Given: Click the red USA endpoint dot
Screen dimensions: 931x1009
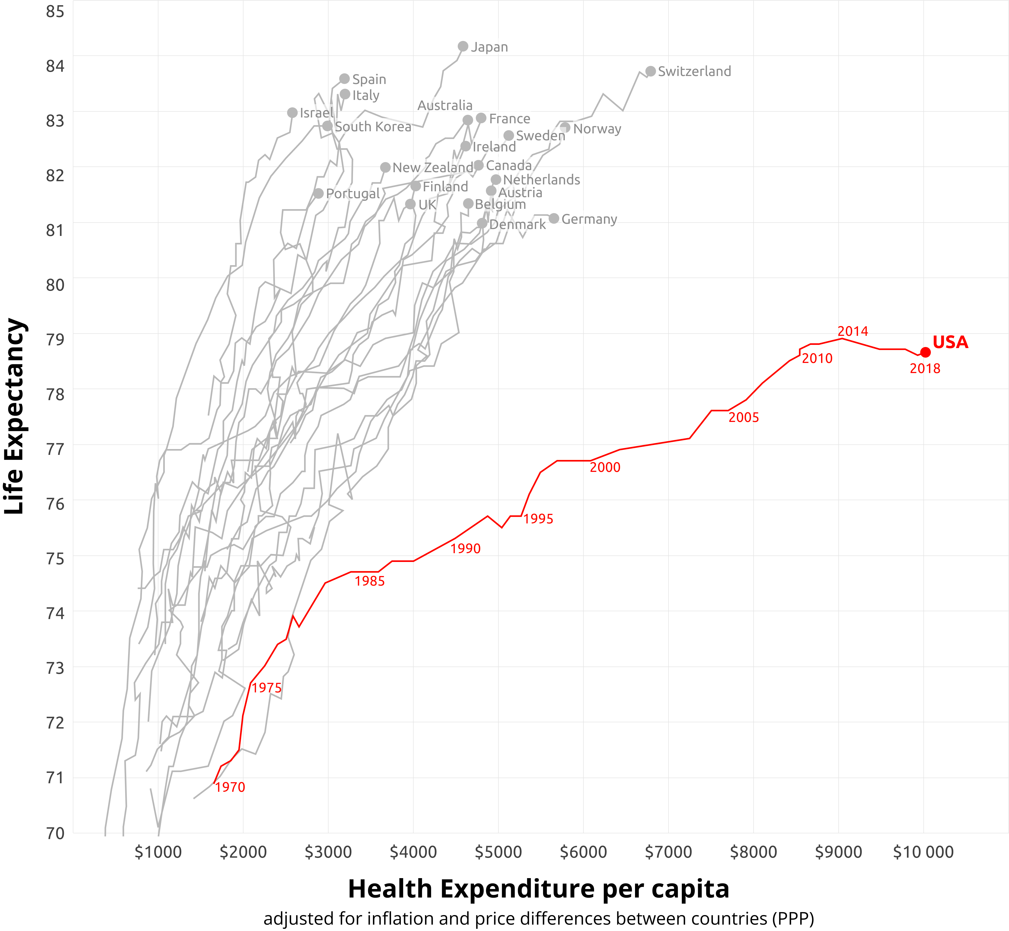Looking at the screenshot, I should click(925, 352).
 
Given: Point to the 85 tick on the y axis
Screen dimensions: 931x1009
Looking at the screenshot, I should click(56, 11).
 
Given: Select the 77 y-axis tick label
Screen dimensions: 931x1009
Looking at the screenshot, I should click(56, 448).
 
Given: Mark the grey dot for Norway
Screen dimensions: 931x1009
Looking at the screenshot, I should click(565, 128).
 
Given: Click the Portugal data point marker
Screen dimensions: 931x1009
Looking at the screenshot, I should click(318, 193).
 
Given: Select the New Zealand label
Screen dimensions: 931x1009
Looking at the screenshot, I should click(432, 167).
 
